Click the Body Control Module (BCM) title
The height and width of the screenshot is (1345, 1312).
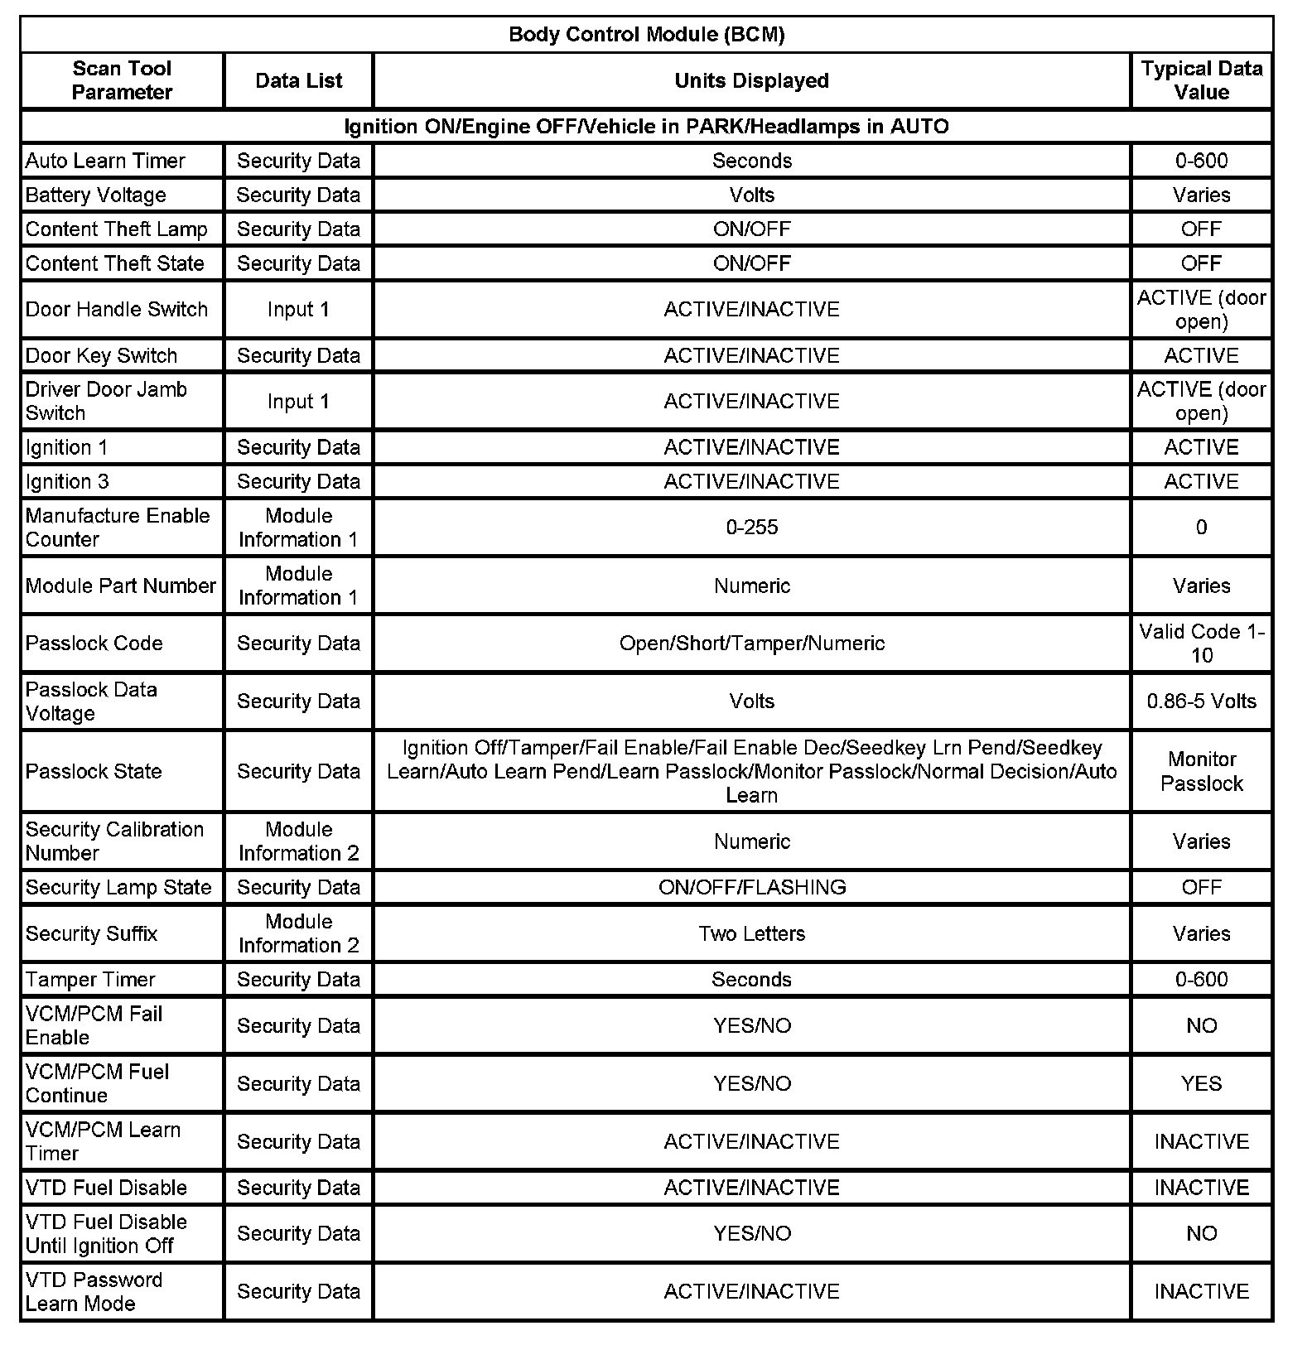click(646, 35)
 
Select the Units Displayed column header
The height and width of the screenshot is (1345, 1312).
click(751, 80)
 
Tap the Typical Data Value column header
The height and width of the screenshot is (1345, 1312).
click(1201, 80)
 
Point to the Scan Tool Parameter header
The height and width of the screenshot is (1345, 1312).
click(122, 80)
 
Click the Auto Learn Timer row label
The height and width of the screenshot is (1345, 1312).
click(105, 161)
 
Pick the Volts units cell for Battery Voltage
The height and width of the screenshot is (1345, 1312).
click(751, 195)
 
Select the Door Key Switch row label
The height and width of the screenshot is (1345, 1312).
click(101, 355)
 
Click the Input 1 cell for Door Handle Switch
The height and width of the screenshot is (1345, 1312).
click(298, 309)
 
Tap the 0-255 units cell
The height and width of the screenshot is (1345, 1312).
click(751, 528)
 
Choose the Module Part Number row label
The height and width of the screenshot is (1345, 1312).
click(120, 586)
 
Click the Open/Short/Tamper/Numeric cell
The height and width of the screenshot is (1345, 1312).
click(751, 644)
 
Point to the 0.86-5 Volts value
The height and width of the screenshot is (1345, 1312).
click(1201, 701)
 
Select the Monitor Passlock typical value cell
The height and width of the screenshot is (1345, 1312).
click(1201, 771)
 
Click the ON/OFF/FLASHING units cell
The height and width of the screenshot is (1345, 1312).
click(751, 887)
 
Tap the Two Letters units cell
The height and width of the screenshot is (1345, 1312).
click(751, 933)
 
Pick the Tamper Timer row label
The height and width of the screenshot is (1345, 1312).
click(90, 979)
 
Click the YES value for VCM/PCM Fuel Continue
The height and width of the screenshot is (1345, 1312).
click(1201, 1083)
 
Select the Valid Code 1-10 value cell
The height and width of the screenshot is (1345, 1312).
click(1201, 644)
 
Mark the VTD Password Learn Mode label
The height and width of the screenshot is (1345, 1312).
click(94, 1291)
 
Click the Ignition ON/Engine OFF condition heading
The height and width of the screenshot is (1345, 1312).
click(646, 127)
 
